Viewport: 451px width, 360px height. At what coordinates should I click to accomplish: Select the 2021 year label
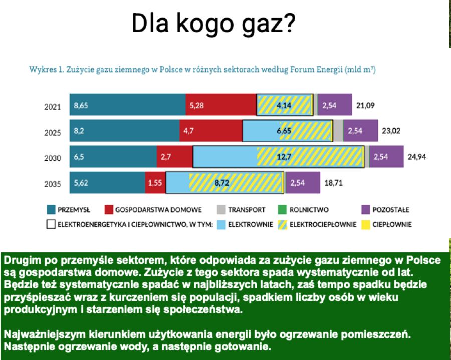(52, 107)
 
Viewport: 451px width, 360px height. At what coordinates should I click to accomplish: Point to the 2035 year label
(52, 184)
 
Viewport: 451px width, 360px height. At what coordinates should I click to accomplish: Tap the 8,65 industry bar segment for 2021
(127, 105)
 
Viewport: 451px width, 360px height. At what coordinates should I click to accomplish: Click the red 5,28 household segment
(221, 105)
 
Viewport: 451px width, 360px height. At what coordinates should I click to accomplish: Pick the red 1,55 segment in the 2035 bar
(155, 183)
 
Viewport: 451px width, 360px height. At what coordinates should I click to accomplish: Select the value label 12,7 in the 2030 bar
(284, 157)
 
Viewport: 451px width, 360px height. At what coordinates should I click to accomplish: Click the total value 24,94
(417, 157)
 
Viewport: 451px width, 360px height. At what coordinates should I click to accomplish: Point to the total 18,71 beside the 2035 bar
(334, 183)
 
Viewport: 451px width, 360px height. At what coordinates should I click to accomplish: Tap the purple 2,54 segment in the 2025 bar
(360, 131)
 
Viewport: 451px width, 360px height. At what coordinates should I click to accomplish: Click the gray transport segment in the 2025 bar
(338, 131)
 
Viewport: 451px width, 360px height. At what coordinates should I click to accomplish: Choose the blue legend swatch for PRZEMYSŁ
(51, 210)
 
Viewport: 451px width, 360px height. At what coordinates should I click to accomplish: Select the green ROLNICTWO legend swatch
(282, 210)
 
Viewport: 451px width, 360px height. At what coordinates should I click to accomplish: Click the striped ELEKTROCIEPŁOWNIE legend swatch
(282, 225)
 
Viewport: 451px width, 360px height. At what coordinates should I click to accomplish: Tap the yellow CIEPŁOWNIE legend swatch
(366, 225)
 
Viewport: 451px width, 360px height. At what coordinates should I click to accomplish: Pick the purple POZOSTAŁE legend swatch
(366, 210)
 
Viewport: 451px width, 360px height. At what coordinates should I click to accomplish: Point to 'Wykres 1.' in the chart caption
(47, 70)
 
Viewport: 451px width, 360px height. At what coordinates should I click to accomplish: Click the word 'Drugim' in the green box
(23, 260)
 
